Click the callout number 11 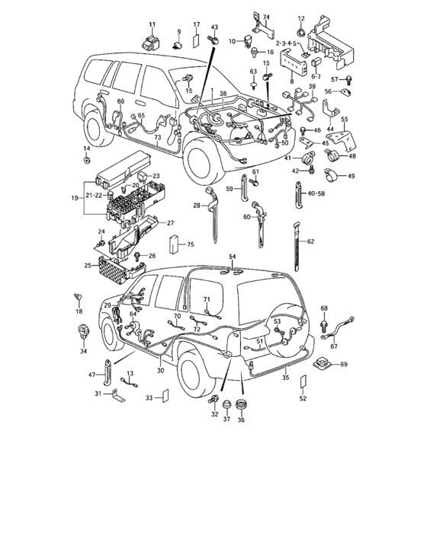[x=151, y=26]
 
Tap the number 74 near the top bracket [x=266, y=17]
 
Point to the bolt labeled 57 [x=349, y=79]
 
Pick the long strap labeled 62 [x=297, y=244]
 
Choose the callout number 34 [x=82, y=352]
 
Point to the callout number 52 [x=303, y=398]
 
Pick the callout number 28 [x=196, y=206]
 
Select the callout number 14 [x=86, y=148]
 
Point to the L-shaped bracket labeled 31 [x=116, y=394]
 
